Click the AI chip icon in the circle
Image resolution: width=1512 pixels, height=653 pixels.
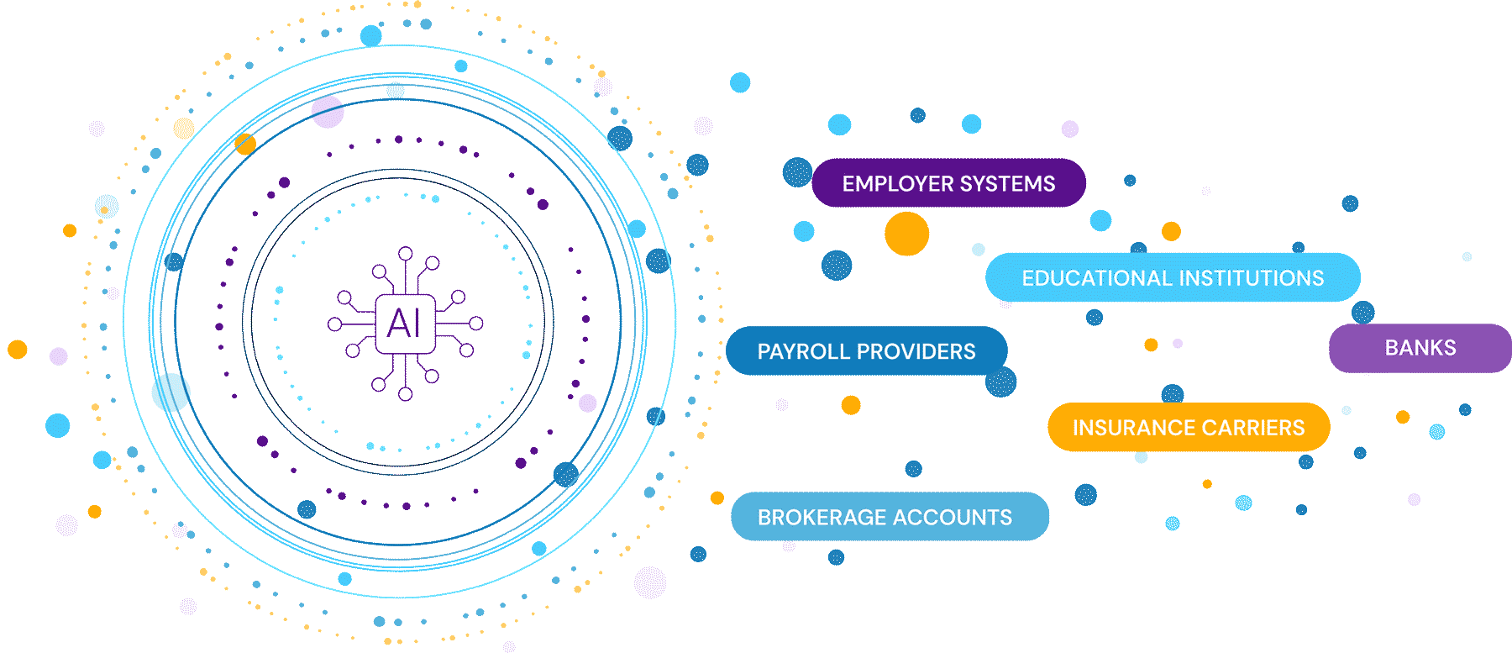point(405,324)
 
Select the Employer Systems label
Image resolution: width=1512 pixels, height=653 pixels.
point(948,183)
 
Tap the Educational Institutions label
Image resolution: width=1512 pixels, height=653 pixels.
point(1173,278)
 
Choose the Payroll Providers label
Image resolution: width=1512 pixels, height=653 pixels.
point(866,351)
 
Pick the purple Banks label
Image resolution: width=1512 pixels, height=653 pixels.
point(1420,348)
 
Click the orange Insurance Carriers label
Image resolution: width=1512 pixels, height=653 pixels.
point(1189,428)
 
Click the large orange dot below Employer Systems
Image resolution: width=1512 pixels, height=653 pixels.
point(906,234)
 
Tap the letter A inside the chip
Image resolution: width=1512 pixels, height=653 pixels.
point(397,324)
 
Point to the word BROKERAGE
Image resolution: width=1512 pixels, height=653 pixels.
point(815,518)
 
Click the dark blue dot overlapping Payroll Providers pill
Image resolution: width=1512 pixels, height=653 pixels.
point(1000,382)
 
